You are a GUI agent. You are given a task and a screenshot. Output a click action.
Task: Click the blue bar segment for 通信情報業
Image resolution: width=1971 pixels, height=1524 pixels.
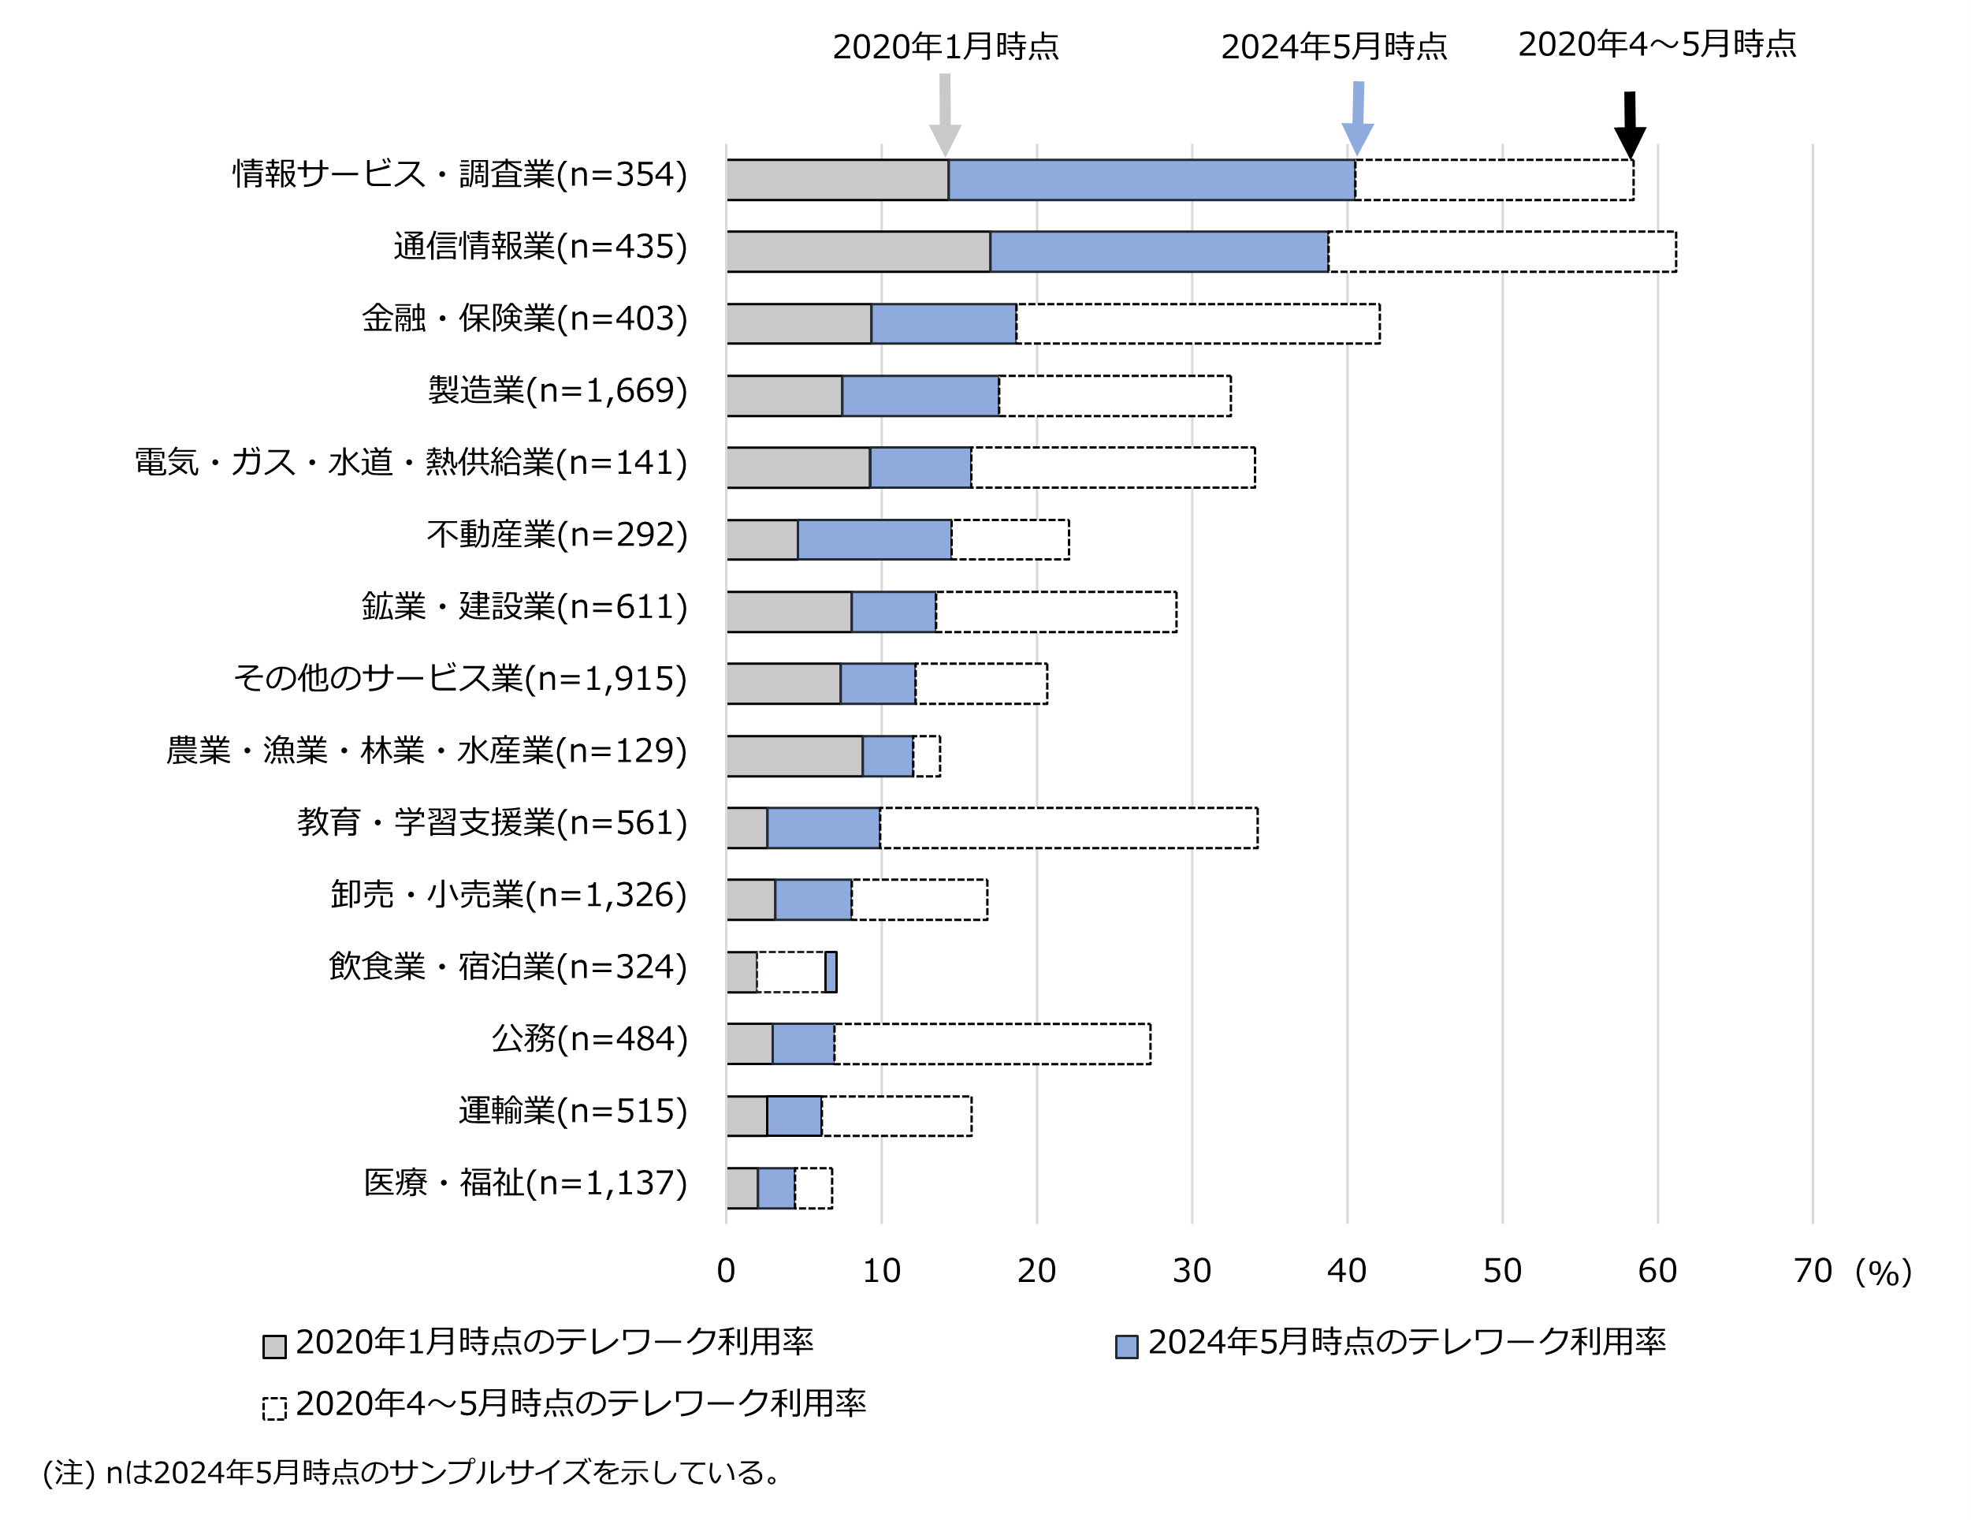1158,252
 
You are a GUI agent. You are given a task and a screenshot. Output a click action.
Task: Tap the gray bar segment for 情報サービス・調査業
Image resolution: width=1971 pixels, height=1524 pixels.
837,180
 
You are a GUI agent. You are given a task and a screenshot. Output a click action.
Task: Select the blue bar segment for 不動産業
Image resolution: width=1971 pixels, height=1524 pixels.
875,540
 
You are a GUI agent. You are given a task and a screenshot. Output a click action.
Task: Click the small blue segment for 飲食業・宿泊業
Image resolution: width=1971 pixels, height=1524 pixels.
831,972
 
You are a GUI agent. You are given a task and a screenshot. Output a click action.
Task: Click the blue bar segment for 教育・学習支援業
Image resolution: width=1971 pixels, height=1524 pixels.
823,828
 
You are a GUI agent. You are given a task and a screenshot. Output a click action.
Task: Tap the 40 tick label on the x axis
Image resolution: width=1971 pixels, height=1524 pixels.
1347,1271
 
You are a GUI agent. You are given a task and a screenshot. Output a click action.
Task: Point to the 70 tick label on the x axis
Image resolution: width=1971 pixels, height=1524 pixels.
1812,1271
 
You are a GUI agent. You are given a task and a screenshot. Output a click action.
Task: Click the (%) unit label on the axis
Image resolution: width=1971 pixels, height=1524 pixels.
1884,1273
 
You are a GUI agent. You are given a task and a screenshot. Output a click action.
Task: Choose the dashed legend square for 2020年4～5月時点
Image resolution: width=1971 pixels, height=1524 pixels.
274,1408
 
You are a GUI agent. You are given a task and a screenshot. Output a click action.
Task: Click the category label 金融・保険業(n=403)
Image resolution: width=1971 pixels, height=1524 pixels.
524,319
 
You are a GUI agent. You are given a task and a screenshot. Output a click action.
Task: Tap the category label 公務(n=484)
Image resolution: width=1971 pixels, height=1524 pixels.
589,1039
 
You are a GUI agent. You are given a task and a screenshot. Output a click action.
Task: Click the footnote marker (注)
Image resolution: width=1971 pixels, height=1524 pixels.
69,1474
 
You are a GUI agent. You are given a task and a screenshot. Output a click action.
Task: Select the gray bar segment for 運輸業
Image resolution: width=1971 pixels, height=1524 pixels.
746,1116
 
